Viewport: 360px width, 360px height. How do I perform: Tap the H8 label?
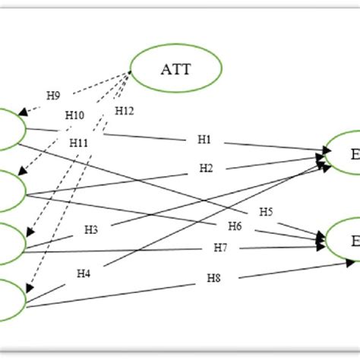point(53,95)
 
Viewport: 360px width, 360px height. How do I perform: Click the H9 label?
point(74,115)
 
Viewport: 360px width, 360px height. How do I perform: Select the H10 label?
point(78,143)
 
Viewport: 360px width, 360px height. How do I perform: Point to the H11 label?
point(125,111)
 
